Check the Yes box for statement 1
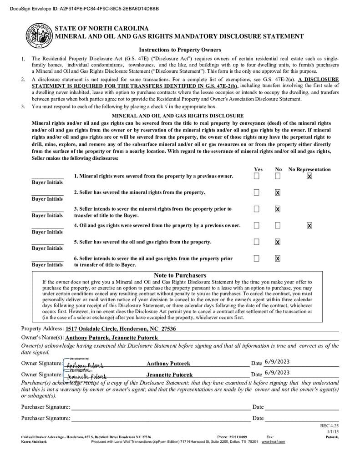click(x=257, y=176)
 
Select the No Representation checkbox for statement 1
click(x=309, y=176)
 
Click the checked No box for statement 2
click(x=278, y=192)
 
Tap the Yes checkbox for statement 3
click(x=257, y=209)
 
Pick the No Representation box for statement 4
click(x=309, y=225)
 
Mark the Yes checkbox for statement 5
click(x=257, y=242)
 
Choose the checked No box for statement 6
click(x=278, y=258)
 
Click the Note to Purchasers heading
click(x=180, y=275)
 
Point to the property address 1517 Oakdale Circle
click(x=121, y=329)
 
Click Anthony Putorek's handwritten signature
click(x=85, y=365)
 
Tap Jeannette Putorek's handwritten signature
click(x=86, y=376)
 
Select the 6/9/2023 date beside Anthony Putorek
click(x=277, y=362)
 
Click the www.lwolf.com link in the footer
click(x=273, y=442)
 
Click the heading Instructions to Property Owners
click(x=180, y=50)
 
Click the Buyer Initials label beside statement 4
click(x=47, y=232)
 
